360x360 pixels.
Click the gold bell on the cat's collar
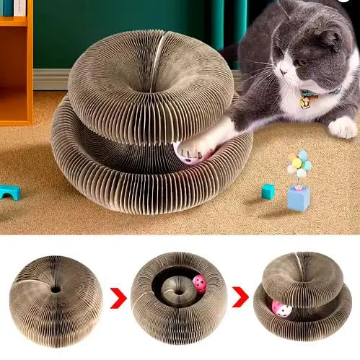306,103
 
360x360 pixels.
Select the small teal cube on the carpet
268,191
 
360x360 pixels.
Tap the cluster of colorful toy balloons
299,163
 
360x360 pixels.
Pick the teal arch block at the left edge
9,192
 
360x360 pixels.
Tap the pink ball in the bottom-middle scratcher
198,284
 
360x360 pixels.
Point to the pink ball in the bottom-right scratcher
281,309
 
